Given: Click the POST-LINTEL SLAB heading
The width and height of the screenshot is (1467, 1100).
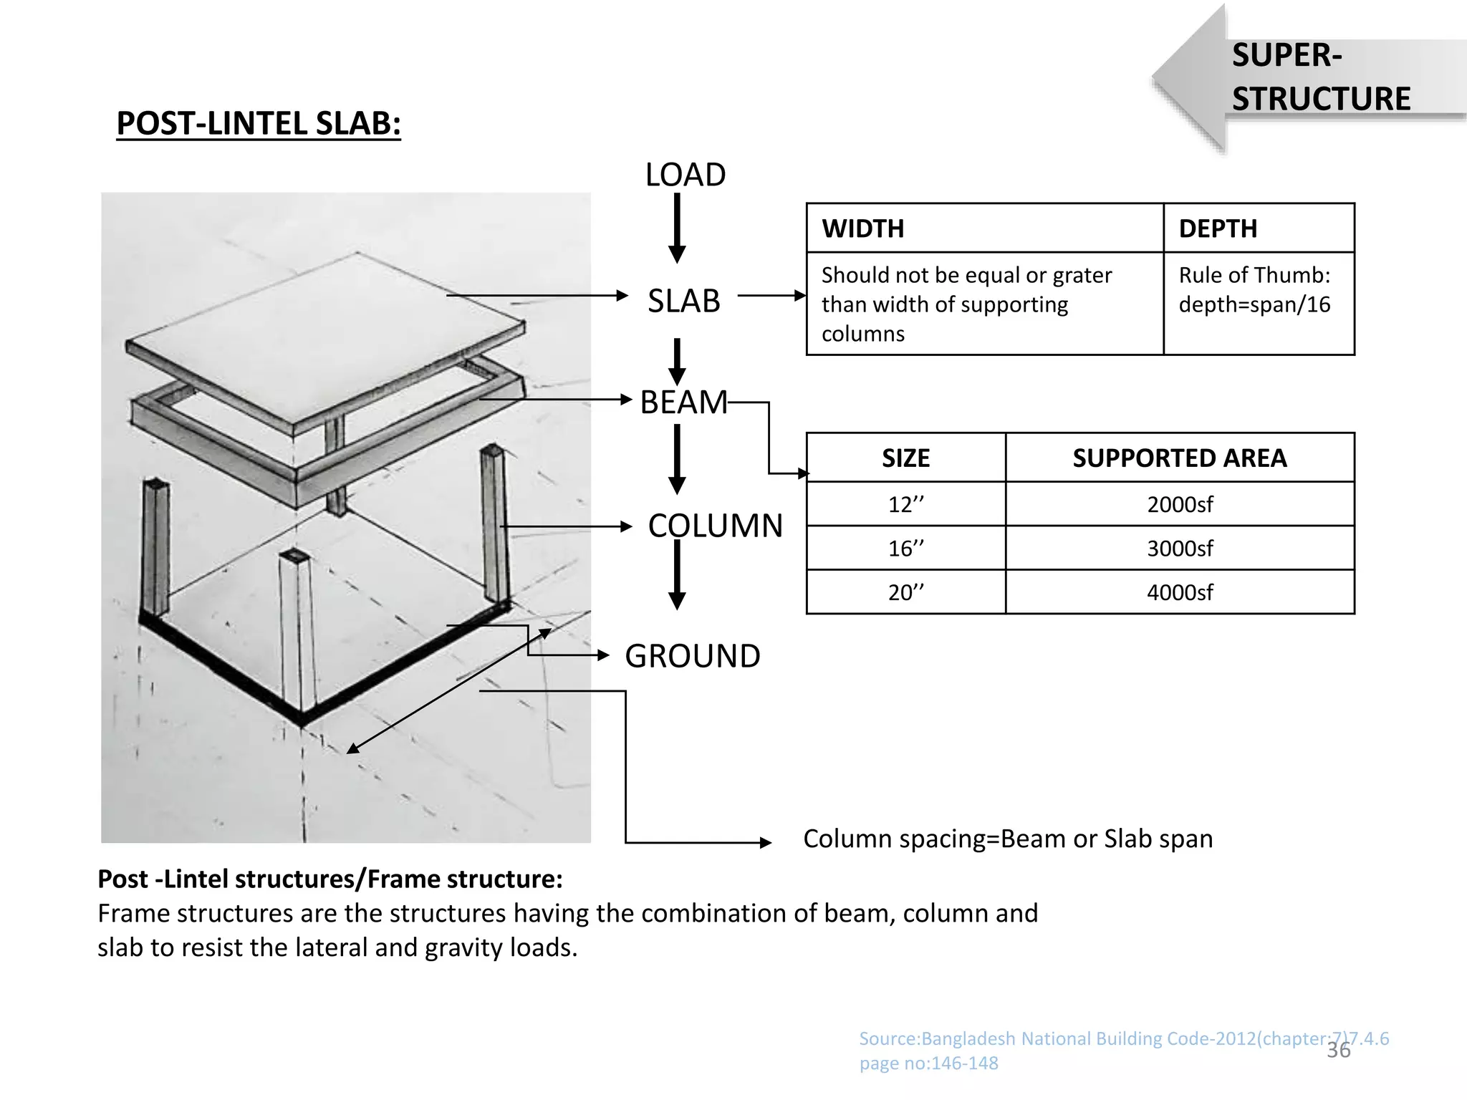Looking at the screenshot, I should pyautogui.click(x=259, y=123).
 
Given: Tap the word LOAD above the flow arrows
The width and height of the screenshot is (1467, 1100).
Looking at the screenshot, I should pyautogui.click(x=685, y=175).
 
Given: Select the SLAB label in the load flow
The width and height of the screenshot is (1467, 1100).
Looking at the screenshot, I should pyautogui.click(x=683, y=301).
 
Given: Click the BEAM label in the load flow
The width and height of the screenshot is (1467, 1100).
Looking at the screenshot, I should pyautogui.click(x=683, y=402).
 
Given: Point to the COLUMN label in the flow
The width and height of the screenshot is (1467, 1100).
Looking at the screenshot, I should pyautogui.click(x=715, y=526).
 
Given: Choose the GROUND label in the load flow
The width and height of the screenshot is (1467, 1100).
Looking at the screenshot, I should pyautogui.click(x=692, y=656).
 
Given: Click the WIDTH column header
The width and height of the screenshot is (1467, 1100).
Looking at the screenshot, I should pyautogui.click(x=862, y=228).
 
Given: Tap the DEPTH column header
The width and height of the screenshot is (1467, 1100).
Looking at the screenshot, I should pyautogui.click(x=1218, y=228).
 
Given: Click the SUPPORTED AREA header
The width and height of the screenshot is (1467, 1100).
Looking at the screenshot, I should pyautogui.click(x=1179, y=458).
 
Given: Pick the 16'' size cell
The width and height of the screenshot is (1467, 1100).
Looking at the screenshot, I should pyautogui.click(x=905, y=549).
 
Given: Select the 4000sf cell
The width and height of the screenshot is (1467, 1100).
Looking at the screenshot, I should pyautogui.click(x=1179, y=592).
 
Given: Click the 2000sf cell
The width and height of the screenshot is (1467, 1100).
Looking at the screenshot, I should pyautogui.click(x=1179, y=504).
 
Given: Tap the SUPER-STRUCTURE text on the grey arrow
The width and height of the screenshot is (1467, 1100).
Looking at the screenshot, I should pyautogui.click(x=1320, y=77).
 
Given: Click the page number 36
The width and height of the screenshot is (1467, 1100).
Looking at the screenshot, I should pyautogui.click(x=1338, y=1051).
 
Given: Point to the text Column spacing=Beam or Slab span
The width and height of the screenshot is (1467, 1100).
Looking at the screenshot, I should pyautogui.click(x=1007, y=839).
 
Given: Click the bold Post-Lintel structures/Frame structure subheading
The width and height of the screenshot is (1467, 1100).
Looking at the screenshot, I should pyautogui.click(x=330, y=879).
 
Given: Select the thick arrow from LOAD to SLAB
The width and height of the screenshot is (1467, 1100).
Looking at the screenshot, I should pyautogui.click(x=677, y=228).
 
